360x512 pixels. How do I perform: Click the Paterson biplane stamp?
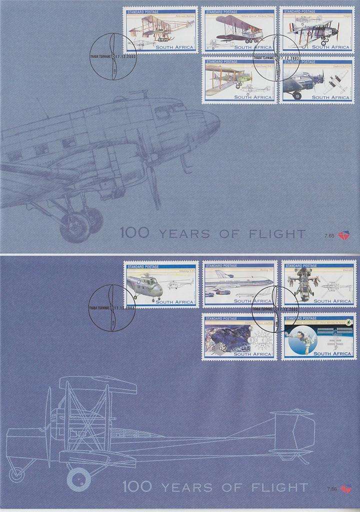[160, 30]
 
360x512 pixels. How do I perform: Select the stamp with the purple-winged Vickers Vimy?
[238, 30]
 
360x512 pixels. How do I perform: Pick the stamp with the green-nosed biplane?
[238, 80]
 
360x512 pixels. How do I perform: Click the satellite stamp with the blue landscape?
[238, 336]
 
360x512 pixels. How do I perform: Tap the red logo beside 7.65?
[343, 234]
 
